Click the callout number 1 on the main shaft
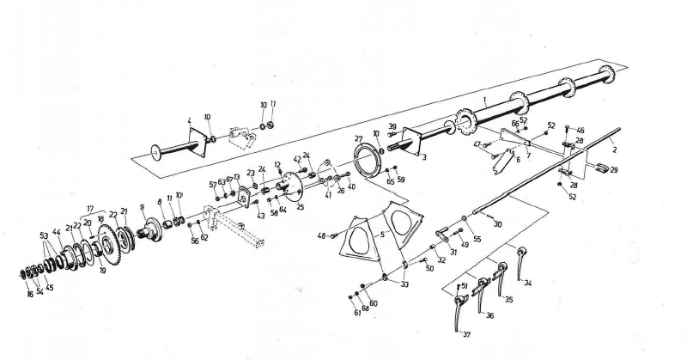(485, 101)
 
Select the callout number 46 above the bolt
(580, 130)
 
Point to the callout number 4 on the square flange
(188, 120)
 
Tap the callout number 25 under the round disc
(300, 207)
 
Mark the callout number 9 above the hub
(142, 207)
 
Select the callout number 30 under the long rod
(498, 224)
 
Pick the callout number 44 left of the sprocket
(57, 232)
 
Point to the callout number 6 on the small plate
(518, 161)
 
